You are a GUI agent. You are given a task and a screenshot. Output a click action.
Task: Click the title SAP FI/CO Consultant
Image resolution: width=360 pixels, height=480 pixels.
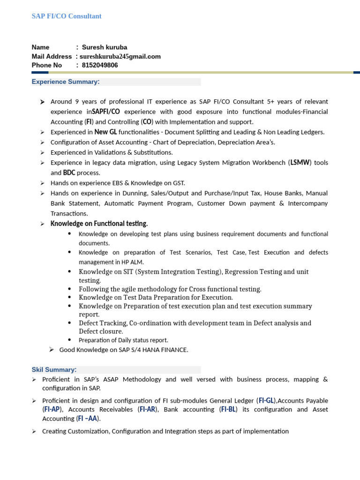point(67,16)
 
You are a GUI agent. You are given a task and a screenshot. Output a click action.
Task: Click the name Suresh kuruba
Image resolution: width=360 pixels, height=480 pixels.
point(104,47)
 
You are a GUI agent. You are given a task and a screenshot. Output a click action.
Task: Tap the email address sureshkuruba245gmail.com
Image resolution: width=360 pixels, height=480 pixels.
point(120,56)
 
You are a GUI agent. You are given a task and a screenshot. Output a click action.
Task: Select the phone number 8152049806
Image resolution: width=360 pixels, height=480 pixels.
point(100,65)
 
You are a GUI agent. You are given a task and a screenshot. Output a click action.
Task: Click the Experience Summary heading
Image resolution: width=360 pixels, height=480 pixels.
point(66,82)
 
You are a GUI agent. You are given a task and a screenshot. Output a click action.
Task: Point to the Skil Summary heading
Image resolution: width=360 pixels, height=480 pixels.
point(54,369)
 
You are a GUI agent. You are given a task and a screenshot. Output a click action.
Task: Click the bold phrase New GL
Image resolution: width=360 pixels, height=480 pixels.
point(105,132)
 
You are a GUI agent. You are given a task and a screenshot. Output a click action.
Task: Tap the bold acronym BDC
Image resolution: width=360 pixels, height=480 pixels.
point(69,173)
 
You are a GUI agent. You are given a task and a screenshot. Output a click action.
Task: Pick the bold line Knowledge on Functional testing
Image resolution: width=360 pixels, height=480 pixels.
point(99,224)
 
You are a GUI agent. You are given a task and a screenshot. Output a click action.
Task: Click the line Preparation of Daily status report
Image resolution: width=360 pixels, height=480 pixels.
point(123,340)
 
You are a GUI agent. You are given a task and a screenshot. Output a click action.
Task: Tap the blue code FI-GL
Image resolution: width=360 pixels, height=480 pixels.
point(266,401)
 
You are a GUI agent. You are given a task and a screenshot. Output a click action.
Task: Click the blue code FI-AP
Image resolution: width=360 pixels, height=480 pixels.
point(52,409)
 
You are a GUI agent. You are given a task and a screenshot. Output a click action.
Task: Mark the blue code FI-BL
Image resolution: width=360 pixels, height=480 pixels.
point(229,409)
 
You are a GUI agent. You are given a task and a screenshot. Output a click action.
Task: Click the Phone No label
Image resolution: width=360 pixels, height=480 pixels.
point(47,65)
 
